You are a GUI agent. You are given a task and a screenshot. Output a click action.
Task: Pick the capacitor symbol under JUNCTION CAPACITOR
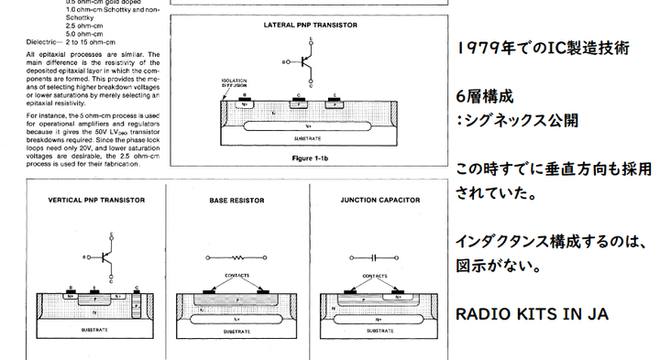pyautogui.click(x=376, y=258)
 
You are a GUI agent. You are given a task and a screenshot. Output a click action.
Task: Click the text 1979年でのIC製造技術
pyautogui.click(x=542, y=49)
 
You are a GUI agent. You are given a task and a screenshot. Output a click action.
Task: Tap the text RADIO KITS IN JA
pyautogui.click(x=532, y=314)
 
